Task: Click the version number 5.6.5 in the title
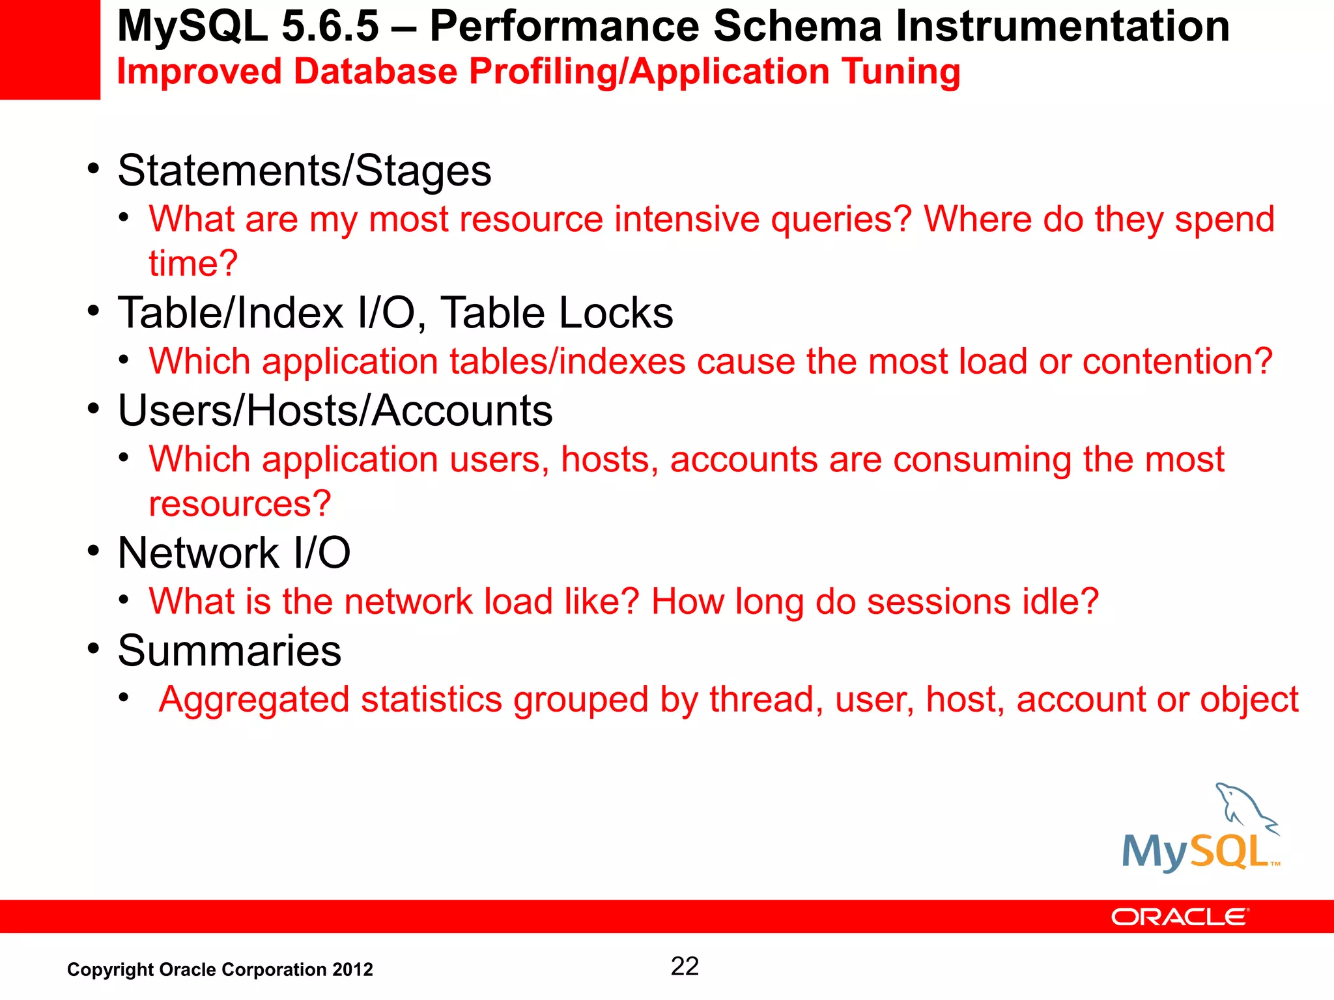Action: [330, 27]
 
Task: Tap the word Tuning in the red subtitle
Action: [900, 72]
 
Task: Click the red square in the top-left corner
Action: [50, 49]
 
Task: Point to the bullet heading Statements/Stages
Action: [304, 171]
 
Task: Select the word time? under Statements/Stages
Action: [193, 264]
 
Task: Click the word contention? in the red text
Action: [1176, 361]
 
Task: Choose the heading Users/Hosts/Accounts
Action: [335, 411]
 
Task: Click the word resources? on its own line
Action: [240, 504]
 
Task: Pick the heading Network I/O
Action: [234, 553]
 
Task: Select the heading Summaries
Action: [229, 650]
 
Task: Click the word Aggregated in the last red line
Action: [254, 700]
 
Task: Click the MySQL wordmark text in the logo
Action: [1195, 852]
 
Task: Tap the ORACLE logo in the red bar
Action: [1179, 917]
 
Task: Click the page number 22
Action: [685, 966]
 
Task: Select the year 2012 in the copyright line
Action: [352, 970]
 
